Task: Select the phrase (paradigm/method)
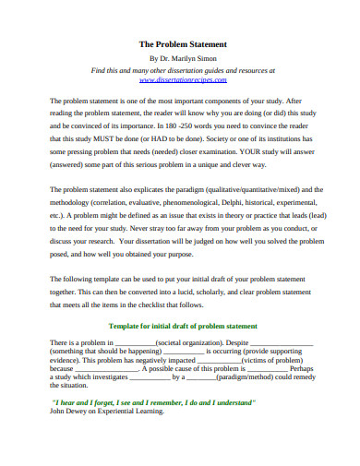(x=216, y=376)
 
